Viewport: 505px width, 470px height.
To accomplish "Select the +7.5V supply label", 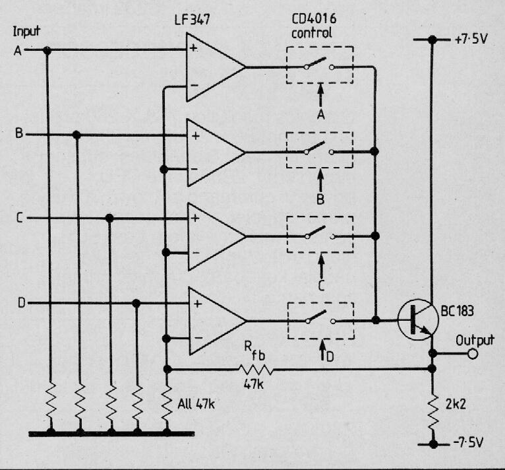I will tap(473, 40).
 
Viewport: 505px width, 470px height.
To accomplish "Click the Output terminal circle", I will tap(471, 353).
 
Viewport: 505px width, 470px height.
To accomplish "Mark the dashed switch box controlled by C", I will tap(320, 234).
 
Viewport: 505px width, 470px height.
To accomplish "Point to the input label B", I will tap(19, 134).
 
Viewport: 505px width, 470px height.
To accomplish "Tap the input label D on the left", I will tap(20, 303).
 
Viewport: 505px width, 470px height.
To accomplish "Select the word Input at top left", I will tap(26, 32).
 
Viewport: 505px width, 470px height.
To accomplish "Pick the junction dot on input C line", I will tap(109, 218).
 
